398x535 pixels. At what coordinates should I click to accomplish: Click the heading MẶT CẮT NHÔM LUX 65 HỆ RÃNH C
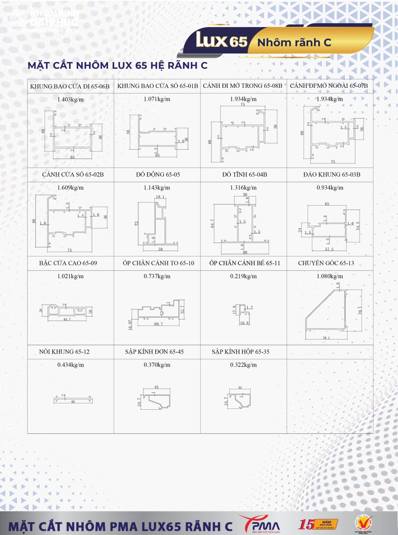pyautogui.click(x=118, y=66)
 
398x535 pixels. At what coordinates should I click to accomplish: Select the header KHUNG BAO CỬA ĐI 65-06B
pyautogui.click(x=70, y=86)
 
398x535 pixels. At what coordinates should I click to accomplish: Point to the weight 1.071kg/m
pyautogui.click(x=157, y=99)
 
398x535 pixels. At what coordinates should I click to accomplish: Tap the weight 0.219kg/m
pyautogui.click(x=243, y=276)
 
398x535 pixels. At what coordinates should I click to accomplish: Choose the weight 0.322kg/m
pyautogui.click(x=243, y=365)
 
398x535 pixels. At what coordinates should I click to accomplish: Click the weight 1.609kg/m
pyautogui.click(x=70, y=188)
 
